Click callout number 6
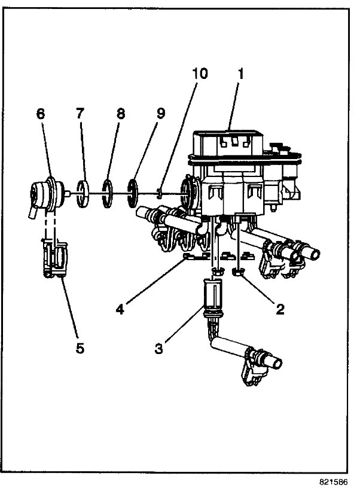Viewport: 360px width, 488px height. pos(41,114)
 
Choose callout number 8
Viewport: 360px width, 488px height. pos(121,114)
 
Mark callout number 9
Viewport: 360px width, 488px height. pos(160,114)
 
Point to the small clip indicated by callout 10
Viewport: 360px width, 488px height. pos(160,193)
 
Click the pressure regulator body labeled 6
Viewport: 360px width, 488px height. pos(45,194)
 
